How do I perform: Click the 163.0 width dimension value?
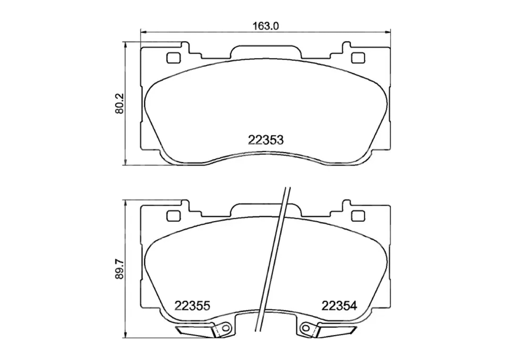point(266,26)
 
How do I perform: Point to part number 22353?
point(266,140)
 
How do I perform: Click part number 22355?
point(192,305)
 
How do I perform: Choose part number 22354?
point(339,305)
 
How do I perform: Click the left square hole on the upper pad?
point(173,58)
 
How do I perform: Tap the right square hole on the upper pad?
point(358,58)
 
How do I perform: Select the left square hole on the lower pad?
point(173,216)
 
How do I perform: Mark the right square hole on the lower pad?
point(358,216)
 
